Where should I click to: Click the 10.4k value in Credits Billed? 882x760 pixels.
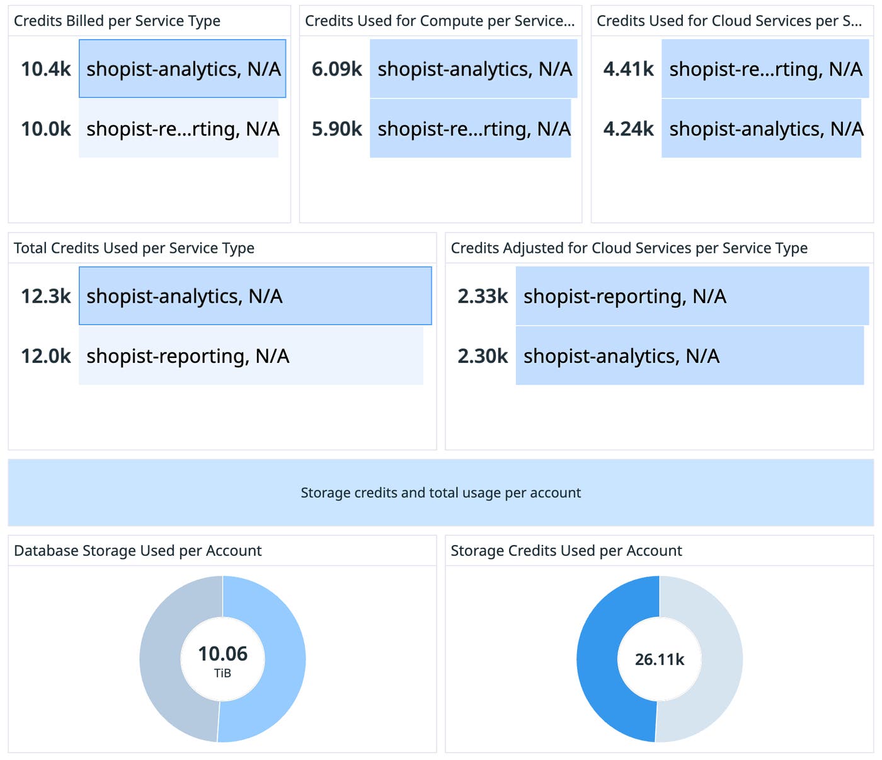(46, 69)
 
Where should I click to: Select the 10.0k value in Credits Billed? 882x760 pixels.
(46, 129)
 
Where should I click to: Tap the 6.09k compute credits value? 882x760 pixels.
(337, 69)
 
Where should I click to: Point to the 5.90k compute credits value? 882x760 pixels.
(337, 129)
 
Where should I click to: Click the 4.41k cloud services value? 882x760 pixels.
(628, 69)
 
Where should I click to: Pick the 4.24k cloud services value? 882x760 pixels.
(628, 129)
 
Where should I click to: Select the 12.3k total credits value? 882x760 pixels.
(46, 296)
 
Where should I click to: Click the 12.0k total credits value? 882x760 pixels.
(46, 355)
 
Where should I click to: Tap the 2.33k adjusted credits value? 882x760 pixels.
(483, 296)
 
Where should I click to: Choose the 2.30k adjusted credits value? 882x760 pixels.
(483, 355)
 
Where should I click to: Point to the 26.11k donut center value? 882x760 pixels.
(659, 659)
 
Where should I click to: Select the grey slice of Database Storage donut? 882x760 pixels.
(160, 659)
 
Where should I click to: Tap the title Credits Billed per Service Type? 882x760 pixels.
(117, 21)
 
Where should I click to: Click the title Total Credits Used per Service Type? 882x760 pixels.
(134, 248)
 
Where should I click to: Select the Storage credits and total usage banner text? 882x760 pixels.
(440, 492)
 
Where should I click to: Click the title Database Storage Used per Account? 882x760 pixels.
(137, 550)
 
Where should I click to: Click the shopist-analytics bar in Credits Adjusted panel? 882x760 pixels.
(689, 356)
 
